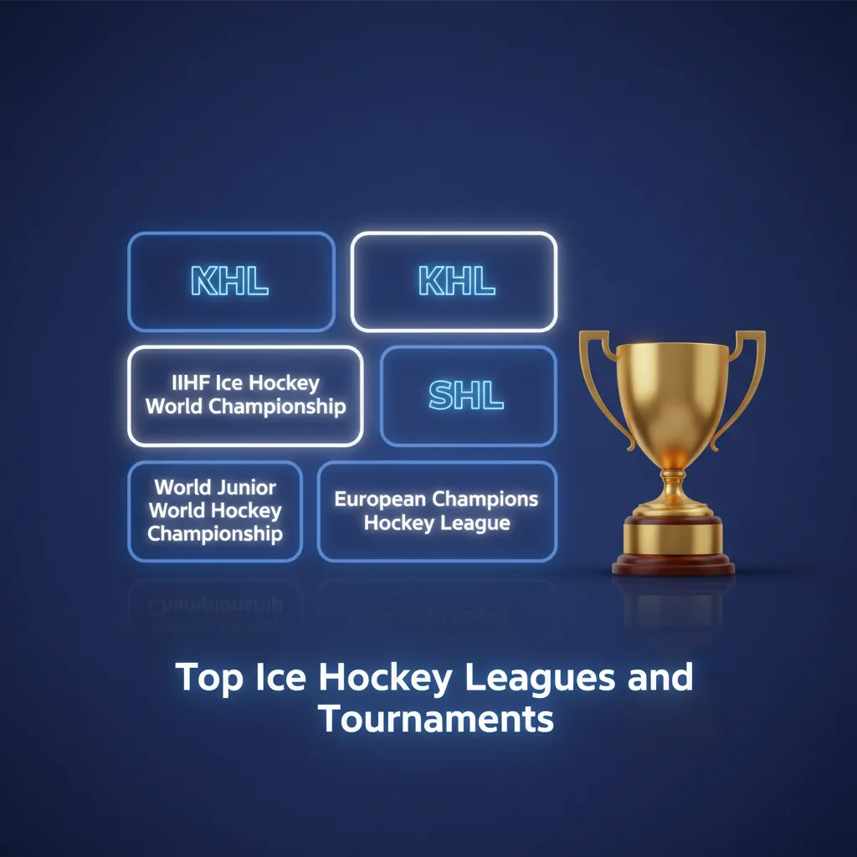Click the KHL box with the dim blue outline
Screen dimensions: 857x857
click(x=231, y=282)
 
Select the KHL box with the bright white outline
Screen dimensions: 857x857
click(x=454, y=282)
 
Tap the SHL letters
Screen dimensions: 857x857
click(x=466, y=395)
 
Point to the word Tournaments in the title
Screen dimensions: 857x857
click(x=436, y=720)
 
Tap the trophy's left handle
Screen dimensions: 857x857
click(x=596, y=368)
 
